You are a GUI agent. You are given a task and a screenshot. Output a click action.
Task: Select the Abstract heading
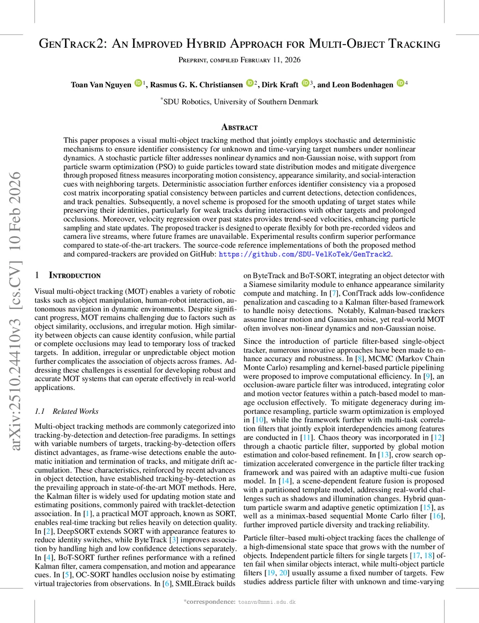click(239, 127)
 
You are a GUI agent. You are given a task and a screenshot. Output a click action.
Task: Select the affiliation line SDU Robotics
click(240, 102)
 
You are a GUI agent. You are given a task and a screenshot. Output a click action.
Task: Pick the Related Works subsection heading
click(66, 411)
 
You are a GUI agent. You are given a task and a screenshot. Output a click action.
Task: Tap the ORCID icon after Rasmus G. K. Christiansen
click(249, 83)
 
